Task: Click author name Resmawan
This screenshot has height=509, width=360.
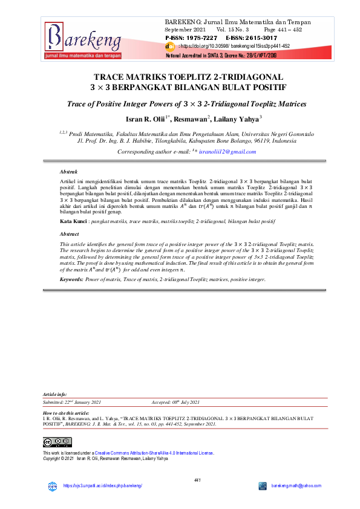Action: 189,119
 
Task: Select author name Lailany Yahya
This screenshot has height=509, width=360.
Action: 237,119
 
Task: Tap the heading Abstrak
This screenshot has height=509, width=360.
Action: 69,172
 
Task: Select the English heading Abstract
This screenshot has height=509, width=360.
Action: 70,233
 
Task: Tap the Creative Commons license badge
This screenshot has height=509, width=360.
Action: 54,442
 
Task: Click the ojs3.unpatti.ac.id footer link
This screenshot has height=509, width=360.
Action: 102,486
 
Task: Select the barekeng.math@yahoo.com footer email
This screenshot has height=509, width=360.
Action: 296,486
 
